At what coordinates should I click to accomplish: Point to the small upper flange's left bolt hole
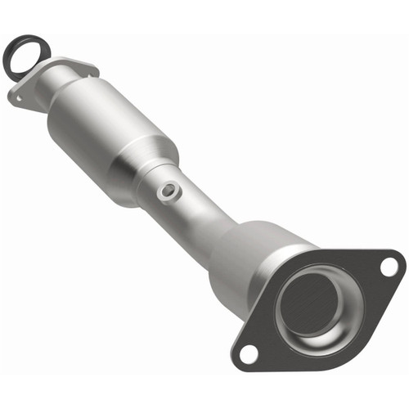point(17,97)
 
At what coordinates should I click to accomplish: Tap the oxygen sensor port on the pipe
point(167,190)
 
